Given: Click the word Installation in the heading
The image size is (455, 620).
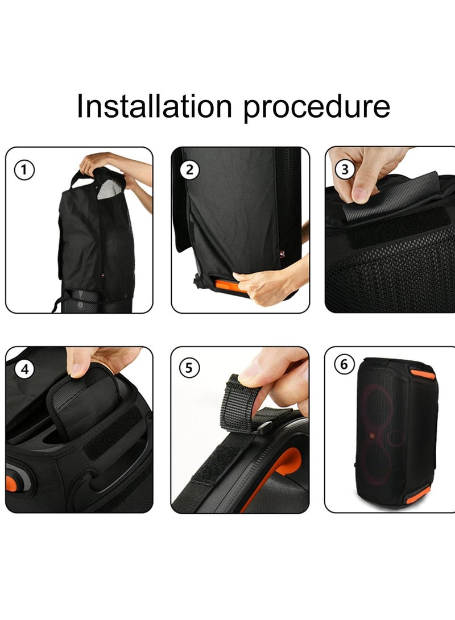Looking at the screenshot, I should (155, 106).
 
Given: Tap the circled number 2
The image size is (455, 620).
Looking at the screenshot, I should (190, 169).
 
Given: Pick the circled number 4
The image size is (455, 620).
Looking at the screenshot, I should (25, 369).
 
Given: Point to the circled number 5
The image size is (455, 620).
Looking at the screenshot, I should (189, 369).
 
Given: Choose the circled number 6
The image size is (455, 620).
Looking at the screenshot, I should (344, 365).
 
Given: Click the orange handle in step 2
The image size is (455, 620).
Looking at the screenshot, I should (227, 285).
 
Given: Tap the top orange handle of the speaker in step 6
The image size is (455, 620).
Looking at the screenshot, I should (423, 375).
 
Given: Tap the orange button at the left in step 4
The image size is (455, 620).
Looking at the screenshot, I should (11, 484).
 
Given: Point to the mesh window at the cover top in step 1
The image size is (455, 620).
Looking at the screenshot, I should (109, 189).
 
